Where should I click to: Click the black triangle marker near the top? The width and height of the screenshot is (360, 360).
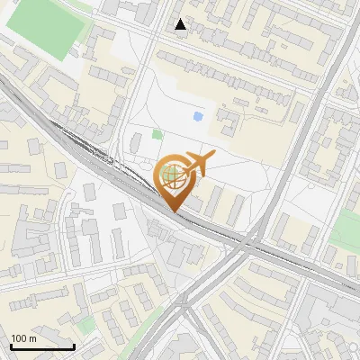[181, 24]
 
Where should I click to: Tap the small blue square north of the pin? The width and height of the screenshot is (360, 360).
[198, 115]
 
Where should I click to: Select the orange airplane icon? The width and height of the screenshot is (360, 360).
[196, 165]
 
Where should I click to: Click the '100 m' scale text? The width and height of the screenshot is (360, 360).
[23, 338]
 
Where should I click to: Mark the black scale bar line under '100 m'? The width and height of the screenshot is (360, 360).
[42, 346]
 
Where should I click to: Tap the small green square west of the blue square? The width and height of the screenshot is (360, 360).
[157, 134]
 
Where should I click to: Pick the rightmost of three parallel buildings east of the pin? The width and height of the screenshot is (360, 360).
[235, 211]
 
